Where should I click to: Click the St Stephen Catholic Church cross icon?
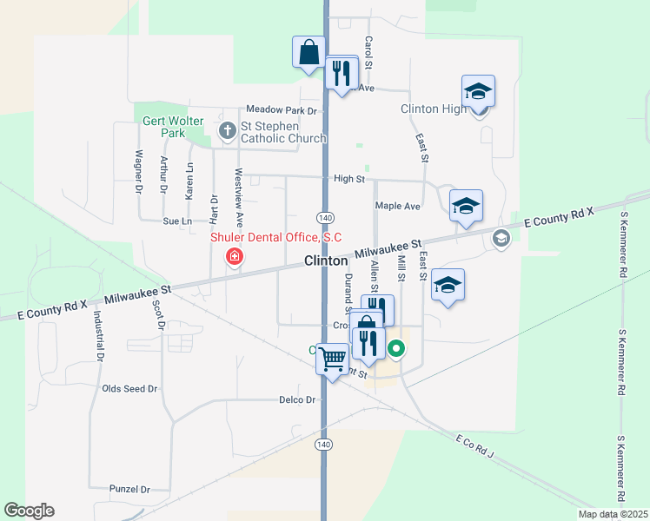[228, 132]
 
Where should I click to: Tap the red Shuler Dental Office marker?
[234, 256]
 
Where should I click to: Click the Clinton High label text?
[434, 109]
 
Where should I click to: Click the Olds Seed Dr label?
[129, 388]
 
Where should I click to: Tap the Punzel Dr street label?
[130, 489]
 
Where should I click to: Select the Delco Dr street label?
[296, 399]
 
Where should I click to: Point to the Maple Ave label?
[397, 206]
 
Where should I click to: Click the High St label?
[349, 178]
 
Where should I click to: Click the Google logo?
[29, 511]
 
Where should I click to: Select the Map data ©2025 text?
[612, 514]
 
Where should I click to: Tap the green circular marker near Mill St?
[396, 349]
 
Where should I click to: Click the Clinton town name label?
[327, 260]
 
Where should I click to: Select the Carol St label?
[368, 53]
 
